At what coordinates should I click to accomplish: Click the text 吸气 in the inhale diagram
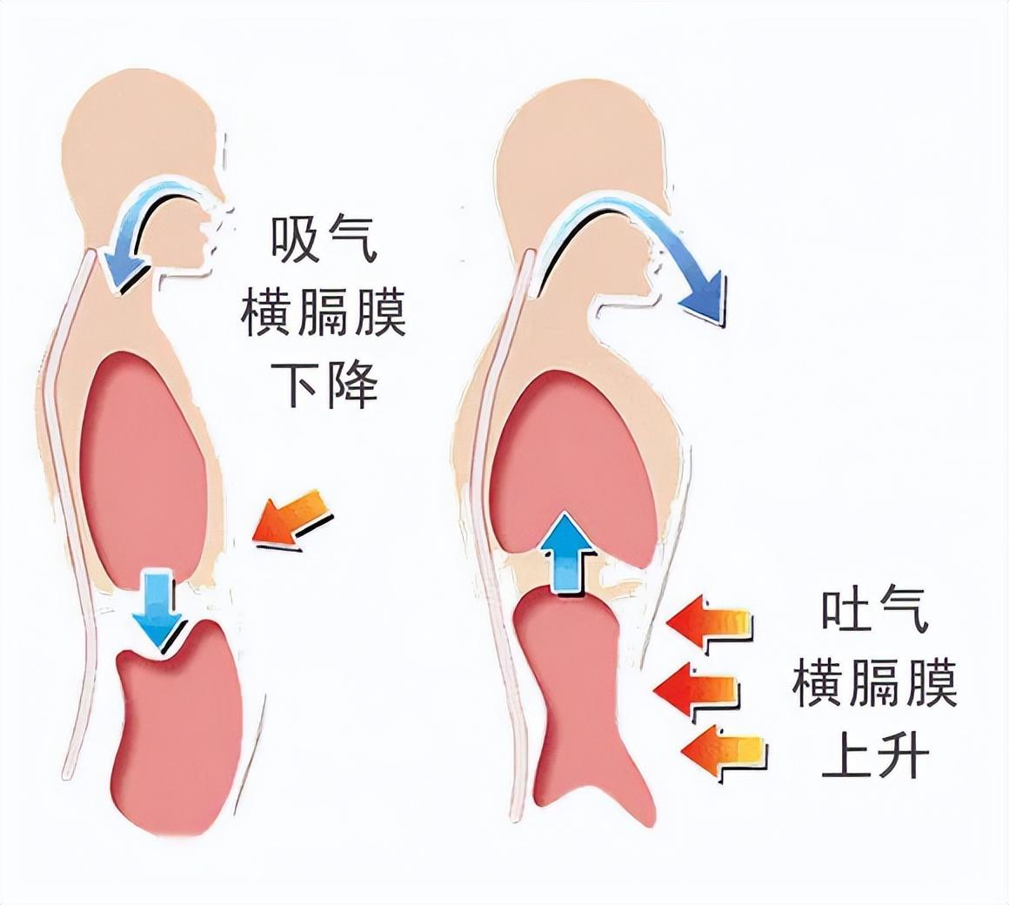coord(324,239)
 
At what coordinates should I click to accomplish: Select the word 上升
coord(874,757)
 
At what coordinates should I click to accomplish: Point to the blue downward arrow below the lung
coord(156,609)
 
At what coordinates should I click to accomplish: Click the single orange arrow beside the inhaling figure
coord(292,520)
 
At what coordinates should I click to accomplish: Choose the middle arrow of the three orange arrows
coord(696,690)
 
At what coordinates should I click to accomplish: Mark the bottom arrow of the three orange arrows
coord(722,751)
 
